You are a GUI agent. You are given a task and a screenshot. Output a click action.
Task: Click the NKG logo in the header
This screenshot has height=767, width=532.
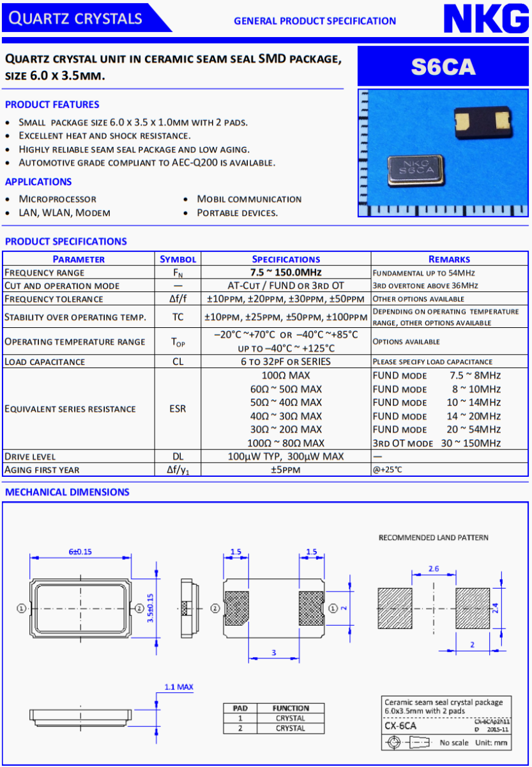[486, 19]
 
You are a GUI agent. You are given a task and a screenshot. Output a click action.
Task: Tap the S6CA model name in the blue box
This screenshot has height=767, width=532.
[443, 66]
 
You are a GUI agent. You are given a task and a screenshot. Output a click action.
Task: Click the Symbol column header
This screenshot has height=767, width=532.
[178, 259]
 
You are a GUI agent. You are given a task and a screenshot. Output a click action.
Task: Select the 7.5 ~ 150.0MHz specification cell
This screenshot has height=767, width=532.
[285, 272]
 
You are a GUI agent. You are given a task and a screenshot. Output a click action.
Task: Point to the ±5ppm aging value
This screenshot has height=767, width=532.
[285, 470]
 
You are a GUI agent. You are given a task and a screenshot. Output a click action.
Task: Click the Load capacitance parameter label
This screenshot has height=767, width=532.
[45, 362]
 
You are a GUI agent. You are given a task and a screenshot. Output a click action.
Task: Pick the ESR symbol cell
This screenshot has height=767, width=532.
[178, 409]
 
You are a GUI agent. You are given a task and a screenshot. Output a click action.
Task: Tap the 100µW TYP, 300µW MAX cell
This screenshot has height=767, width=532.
[285, 456]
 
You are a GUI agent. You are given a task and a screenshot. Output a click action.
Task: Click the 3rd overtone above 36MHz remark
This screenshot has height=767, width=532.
[425, 286]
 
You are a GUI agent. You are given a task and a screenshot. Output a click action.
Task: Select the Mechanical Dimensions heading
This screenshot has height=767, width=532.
[67, 492]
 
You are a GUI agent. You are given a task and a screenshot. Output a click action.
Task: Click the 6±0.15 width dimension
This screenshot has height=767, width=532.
[80, 552]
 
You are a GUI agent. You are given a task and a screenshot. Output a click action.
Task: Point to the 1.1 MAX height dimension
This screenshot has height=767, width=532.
[178, 687]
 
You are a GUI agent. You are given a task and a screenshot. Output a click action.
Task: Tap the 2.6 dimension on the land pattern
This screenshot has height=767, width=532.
[433, 568]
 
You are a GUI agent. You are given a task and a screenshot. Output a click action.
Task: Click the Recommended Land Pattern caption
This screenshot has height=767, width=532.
[433, 538]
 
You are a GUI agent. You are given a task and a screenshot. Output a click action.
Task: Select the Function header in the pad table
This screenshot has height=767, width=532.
[291, 708]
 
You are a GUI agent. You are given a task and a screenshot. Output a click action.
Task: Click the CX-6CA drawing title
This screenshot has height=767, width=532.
[400, 726]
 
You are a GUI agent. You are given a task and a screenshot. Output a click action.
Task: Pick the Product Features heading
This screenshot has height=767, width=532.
[52, 105]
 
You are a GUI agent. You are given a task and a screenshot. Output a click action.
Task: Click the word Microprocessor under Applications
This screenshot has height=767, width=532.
[57, 199]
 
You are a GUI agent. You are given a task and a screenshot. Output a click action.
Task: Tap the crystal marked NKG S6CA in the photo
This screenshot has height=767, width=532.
[414, 170]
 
